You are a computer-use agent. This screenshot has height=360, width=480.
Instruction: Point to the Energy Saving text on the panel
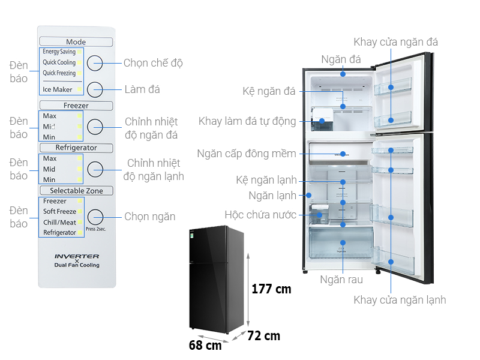point(59,52)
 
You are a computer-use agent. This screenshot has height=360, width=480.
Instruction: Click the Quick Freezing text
point(59,73)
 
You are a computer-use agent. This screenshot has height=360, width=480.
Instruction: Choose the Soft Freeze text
point(59,212)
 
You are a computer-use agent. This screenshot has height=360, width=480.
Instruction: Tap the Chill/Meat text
point(59,222)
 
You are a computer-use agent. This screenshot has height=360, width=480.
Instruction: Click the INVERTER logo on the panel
point(77,256)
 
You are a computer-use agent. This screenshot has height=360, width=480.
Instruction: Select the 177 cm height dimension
point(271,289)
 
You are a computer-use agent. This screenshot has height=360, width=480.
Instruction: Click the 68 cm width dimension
point(205,346)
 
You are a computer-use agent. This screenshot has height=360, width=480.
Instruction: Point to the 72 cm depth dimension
point(263,336)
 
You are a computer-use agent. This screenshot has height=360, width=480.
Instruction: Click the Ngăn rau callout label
point(341,280)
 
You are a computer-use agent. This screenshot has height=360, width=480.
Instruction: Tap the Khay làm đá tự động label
point(247,122)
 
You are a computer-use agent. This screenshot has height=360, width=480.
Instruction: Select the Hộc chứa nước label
point(260,215)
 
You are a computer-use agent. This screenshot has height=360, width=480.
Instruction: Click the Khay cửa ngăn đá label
point(395,42)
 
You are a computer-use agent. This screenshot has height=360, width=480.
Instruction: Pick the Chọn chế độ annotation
point(153,63)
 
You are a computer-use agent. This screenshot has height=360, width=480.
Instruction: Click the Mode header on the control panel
point(76,42)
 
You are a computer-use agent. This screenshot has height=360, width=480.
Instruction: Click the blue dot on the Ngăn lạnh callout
point(309,196)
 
